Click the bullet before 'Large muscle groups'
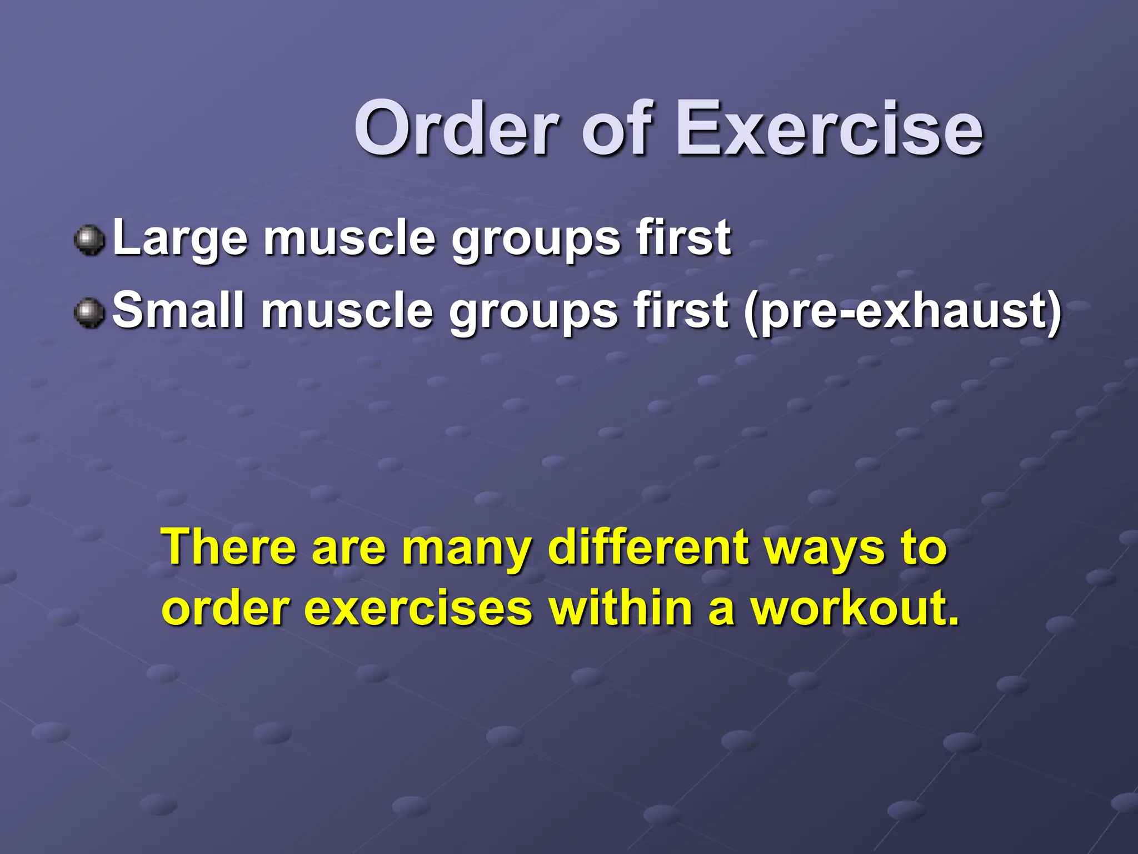89,241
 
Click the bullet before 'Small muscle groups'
89,313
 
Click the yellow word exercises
418,608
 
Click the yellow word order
226,608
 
